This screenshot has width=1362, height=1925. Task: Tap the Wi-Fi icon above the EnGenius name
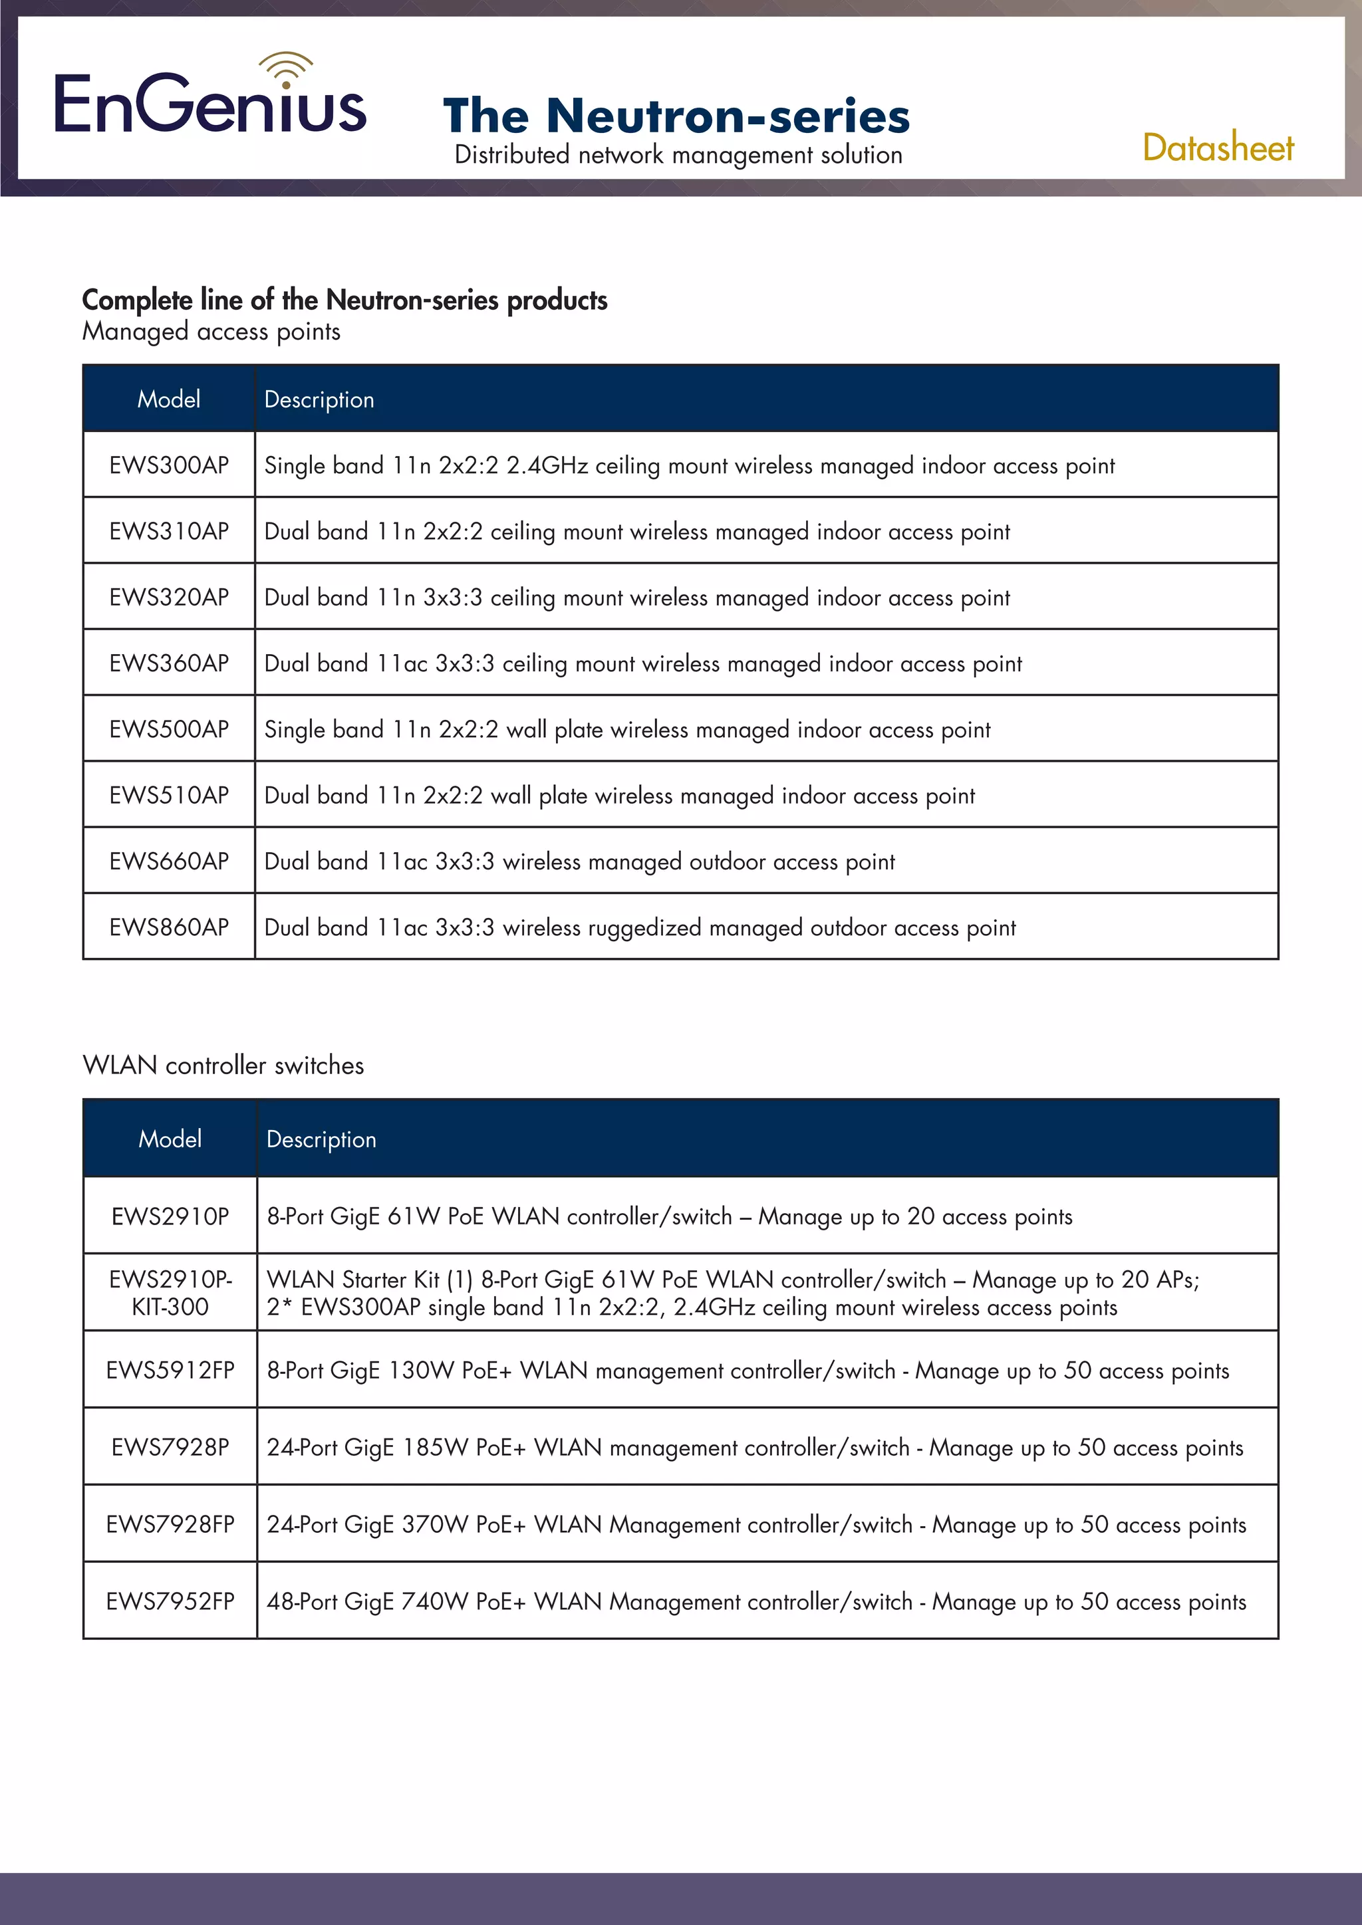click(x=286, y=68)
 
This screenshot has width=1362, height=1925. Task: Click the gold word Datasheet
click(x=1217, y=148)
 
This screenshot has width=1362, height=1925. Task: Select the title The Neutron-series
click(x=676, y=116)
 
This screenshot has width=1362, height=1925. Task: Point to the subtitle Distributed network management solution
click(x=678, y=155)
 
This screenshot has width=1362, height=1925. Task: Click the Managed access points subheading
click(x=211, y=332)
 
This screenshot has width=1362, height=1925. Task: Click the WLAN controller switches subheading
click(x=223, y=1066)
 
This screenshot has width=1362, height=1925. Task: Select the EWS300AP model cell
click(x=168, y=465)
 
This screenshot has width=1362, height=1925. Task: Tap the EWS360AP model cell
click(x=168, y=663)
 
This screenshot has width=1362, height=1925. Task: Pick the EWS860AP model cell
click(x=168, y=927)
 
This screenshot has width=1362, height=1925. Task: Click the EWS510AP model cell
click(x=168, y=795)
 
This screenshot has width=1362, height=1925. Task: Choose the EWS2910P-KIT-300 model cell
click(x=170, y=1293)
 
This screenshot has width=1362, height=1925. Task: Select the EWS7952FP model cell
click(x=170, y=1601)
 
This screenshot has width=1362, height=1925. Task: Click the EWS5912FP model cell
click(x=170, y=1370)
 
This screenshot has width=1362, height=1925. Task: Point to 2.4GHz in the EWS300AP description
click(x=547, y=465)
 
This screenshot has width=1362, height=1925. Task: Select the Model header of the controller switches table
click(x=170, y=1139)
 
